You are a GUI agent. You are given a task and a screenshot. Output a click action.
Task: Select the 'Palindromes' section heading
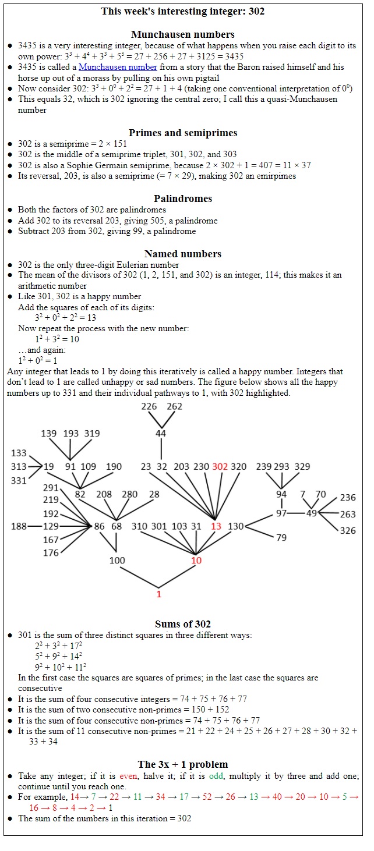(x=183, y=198)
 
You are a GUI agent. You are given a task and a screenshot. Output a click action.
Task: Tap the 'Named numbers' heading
(x=183, y=253)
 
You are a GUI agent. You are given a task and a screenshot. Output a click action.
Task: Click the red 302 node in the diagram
(x=220, y=466)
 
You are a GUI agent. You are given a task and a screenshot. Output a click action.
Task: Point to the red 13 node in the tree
(x=216, y=526)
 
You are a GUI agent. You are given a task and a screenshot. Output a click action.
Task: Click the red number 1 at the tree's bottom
(x=158, y=594)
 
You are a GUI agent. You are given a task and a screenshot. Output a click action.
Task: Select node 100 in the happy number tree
(x=117, y=560)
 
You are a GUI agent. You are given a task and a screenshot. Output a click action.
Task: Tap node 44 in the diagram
(x=161, y=434)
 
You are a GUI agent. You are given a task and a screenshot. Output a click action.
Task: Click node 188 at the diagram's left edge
(x=19, y=526)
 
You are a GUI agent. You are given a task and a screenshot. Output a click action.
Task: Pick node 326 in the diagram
(x=348, y=530)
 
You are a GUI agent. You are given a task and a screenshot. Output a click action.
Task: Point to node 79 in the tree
(x=281, y=537)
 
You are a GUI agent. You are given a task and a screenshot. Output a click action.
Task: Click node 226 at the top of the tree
(x=149, y=406)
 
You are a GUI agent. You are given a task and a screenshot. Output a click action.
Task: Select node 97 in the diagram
(x=281, y=513)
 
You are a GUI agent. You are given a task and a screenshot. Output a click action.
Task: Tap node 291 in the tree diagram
(x=51, y=488)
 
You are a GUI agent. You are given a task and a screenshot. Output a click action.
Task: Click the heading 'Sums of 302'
(x=183, y=625)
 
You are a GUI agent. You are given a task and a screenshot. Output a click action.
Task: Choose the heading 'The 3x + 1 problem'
(x=183, y=764)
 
